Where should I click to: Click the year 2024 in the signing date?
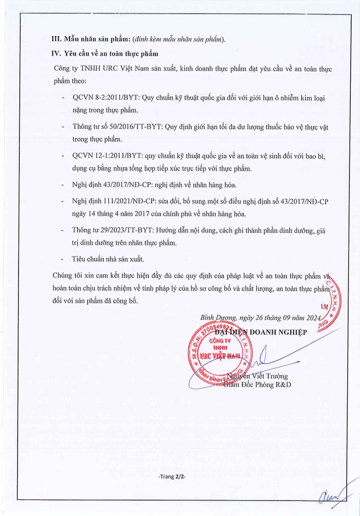click(x=314, y=317)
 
